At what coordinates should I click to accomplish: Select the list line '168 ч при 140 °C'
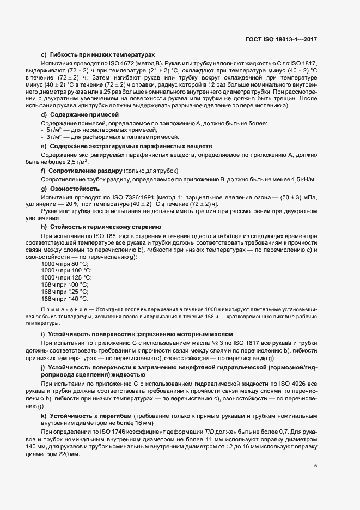click(x=65, y=298)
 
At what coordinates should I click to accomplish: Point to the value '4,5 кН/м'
click(x=305, y=180)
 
